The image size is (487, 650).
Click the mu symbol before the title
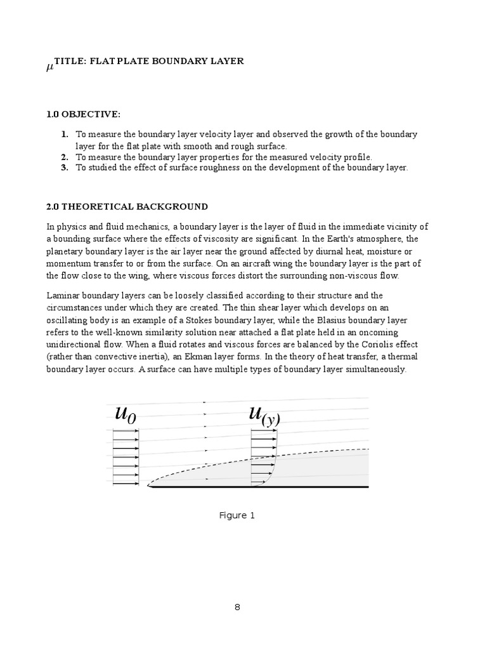(x=49, y=67)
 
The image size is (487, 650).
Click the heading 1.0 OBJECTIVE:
(x=82, y=114)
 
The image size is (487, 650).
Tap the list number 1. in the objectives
(x=65, y=135)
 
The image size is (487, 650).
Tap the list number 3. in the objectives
(x=65, y=168)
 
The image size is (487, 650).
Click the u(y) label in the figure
(x=264, y=415)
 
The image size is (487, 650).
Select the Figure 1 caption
(x=237, y=515)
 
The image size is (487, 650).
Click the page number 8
(x=237, y=607)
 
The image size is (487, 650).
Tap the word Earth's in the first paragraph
(x=337, y=239)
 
